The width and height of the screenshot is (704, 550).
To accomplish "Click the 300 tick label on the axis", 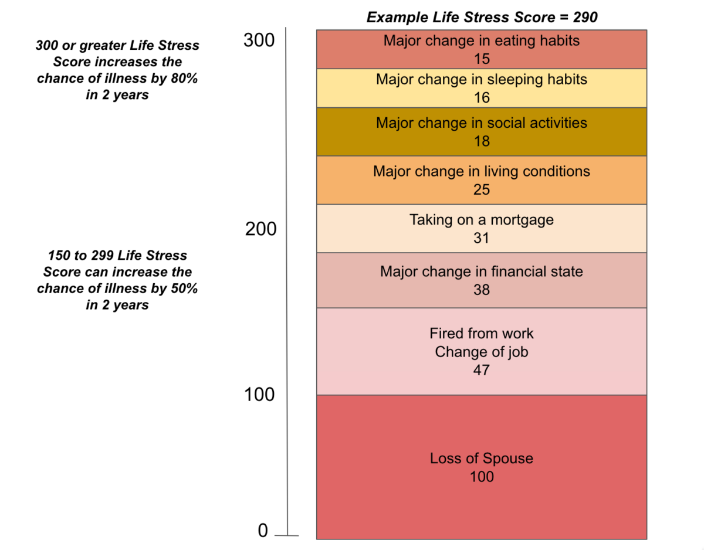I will pyautogui.click(x=259, y=41).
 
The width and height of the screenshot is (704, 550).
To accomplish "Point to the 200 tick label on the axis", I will pyautogui.click(x=260, y=229).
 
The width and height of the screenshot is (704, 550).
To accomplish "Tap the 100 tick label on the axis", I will pyautogui.click(x=259, y=395).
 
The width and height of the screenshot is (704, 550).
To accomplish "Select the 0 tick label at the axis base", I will pyautogui.click(x=263, y=531).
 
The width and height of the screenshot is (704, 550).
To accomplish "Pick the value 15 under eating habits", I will pyautogui.click(x=482, y=59).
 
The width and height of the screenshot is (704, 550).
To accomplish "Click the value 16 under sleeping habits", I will pyautogui.click(x=482, y=97).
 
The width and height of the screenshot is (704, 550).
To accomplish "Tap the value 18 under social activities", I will pyautogui.click(x=482, y=141).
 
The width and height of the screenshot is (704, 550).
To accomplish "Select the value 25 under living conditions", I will pyautogui.click(x=482, y=190).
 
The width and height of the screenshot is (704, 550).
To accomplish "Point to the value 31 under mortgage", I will pyautogui.click(x=482, y=238).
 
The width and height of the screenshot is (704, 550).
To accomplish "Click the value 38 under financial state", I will pyautogui.click(x=482, y=290).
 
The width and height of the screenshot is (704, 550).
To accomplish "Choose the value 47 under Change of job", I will pyautogui.click(x=482, y=370).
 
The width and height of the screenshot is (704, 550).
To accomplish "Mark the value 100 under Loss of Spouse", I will pyautogui.click(x=482, y=477).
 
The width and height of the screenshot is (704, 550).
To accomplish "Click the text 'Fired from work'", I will pyautogui.click(x=482, y=334).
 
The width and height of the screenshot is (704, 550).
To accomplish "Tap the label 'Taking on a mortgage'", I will pyautogui.click(x=482, y=220).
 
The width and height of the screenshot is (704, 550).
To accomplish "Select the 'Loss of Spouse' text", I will pyautogui.click(x=482, y=459).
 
